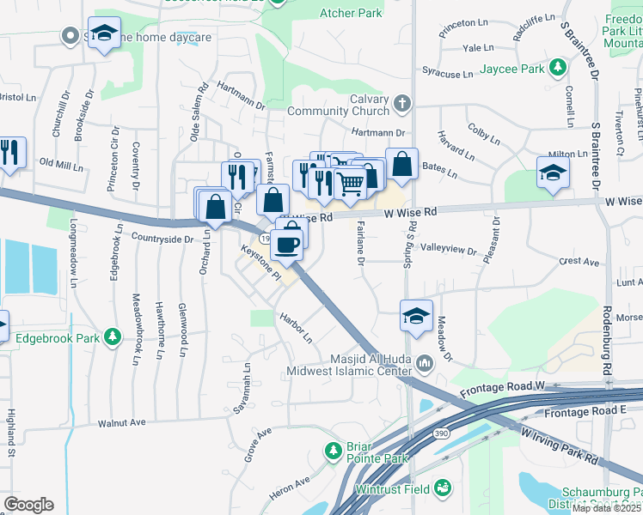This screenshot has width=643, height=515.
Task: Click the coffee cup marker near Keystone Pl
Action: click(286, 244)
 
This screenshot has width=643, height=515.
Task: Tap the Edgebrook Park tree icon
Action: click(111, 336)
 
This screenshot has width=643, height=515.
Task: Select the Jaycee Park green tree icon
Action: click(558, 66)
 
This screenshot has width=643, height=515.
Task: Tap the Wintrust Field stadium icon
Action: click(444, 488)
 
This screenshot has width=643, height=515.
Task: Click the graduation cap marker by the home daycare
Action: click(105, 34)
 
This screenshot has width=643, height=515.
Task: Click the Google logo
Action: click(28, 505)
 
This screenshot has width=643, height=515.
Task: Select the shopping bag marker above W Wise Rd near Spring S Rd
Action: click(401, 163)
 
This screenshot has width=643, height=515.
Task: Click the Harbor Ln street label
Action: click(295, 328)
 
